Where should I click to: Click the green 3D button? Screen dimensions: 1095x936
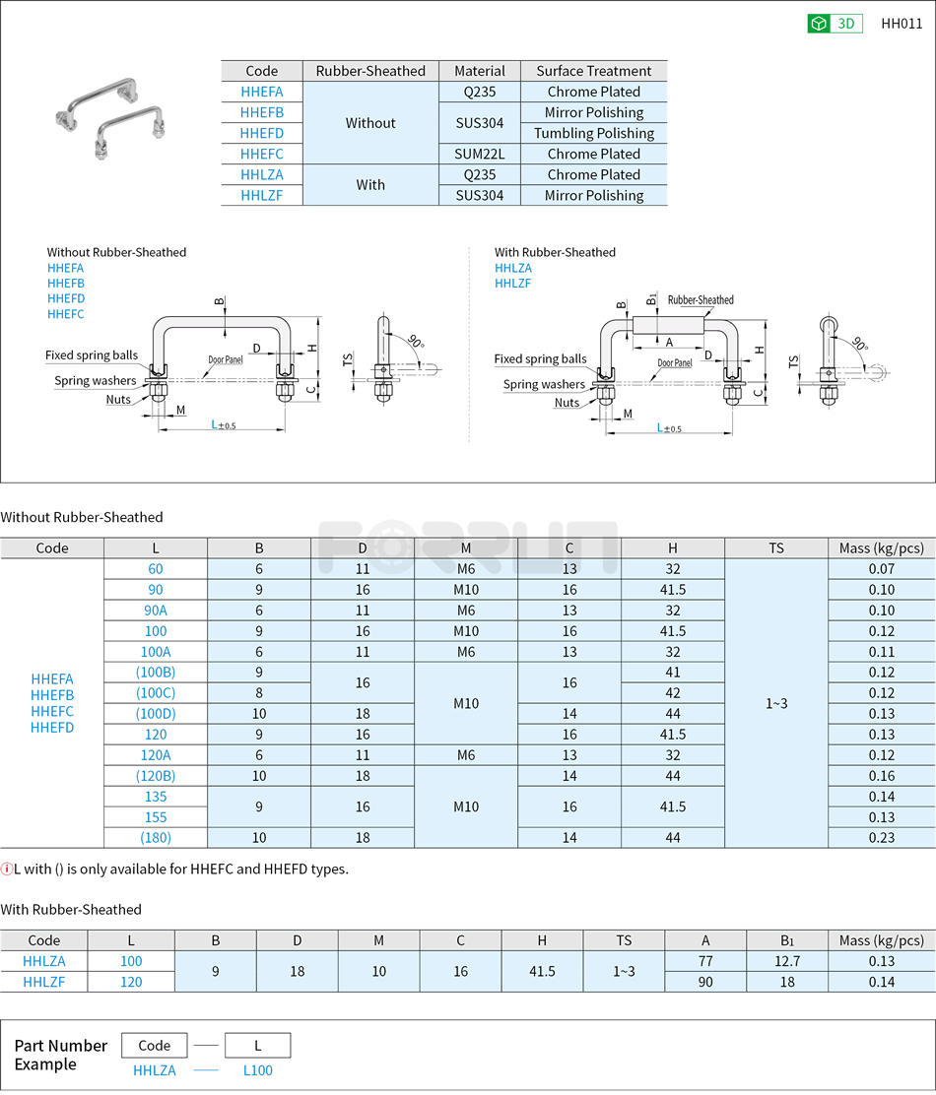click(x=835, y=24)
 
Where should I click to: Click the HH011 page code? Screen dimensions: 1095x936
click(x=902, y=24)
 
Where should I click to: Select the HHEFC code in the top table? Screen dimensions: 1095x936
click(x=261, y=154)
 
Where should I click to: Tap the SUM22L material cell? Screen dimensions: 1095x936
click(x=479, y=154)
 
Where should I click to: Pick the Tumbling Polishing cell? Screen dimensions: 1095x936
click(x=593, y=133)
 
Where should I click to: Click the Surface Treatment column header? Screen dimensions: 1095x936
click(x=593, y=71)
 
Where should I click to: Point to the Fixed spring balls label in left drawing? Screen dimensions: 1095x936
click(x=92, y=355)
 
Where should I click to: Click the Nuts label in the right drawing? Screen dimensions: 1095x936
click(x=567, y=402)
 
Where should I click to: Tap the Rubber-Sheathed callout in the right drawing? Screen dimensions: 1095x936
click(x=701, y=299)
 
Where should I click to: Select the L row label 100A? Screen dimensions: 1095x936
click(x=156, y=652)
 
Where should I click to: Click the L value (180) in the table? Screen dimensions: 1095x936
click(x=156, y=838)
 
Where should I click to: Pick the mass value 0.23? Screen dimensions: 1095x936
click(x=881, y=838)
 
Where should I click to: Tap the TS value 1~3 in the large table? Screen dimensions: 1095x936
click(x=775, y=703)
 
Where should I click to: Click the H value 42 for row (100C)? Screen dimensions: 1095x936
click(x=672, y=693)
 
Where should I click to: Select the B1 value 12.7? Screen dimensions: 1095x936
click(x=787, y=961)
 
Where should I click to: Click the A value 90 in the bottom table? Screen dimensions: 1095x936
click(x=705, y=982)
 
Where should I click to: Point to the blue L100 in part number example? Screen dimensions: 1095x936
click(x=257, y=1069)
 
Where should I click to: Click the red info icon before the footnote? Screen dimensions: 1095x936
click(x=7, y=869)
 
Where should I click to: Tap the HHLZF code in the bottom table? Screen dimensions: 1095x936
click(x=44, y=982)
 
